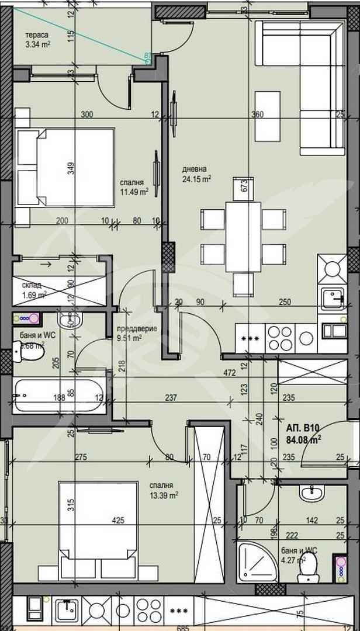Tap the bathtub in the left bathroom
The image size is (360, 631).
point(59,396)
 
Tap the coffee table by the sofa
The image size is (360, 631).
point(267,116)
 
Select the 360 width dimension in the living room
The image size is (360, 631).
point(258,115)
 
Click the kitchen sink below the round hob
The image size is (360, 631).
point(334,297)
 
